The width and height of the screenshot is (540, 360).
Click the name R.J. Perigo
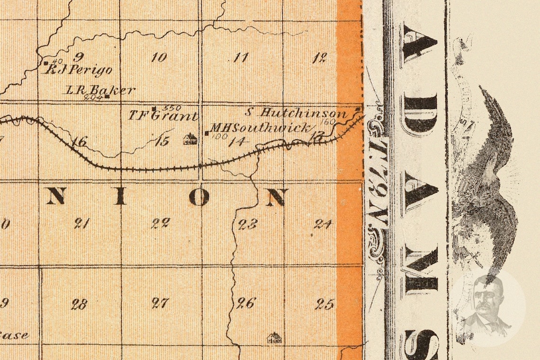(78, 70)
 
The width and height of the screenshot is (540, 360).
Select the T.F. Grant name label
(163, 116)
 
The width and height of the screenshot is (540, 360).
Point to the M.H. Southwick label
(261, 128)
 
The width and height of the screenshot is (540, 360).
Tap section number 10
(159, 58)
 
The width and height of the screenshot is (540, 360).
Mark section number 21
(81, 224)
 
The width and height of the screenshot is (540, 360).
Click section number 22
(161, 223)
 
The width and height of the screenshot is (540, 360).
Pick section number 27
(160, 303)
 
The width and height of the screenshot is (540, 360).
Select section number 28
(79, 304)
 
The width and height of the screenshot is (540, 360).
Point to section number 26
(246, 303)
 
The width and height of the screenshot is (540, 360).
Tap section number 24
(323, 224)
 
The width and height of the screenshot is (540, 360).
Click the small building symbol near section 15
(190, 139)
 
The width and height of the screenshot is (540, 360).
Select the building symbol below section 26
(274, 338)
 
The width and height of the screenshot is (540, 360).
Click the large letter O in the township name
(199, 197)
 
